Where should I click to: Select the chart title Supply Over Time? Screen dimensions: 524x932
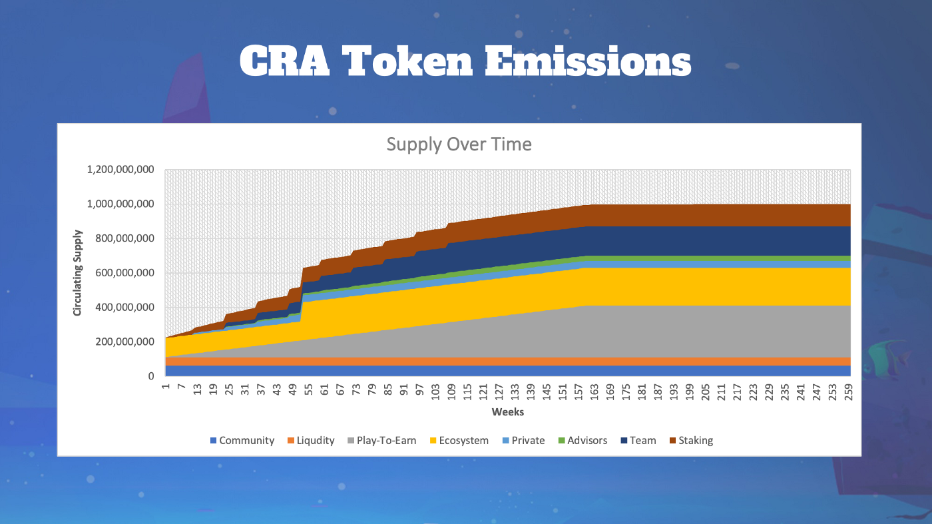coord(459,144)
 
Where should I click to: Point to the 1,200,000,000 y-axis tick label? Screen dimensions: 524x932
coord(120,170)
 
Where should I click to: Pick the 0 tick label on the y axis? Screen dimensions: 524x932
coord(151,376)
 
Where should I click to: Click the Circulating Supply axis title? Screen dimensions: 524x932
coord(78,273)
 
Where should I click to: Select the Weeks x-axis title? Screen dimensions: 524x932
coord(508,412)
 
